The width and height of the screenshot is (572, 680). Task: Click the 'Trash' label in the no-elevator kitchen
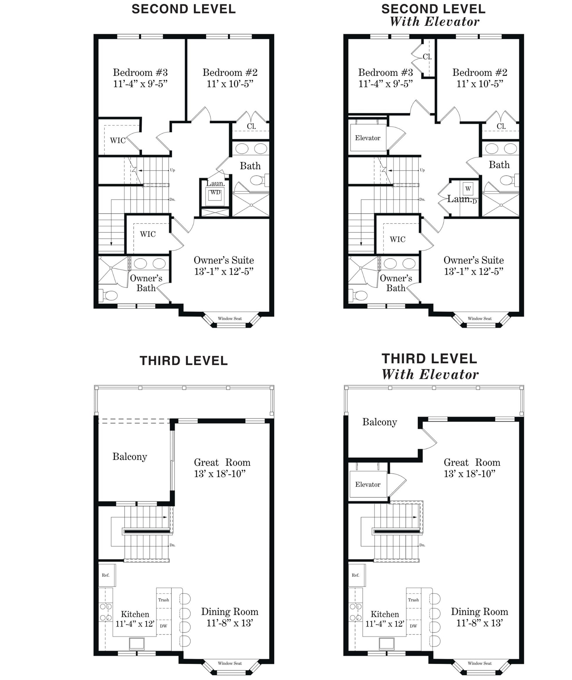(x=163, y=600)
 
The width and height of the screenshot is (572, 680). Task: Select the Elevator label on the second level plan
(x=368, y=138)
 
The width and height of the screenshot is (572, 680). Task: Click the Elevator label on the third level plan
(x=368, y=484)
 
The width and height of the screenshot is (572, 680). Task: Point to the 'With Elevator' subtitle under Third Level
(x=430, y=374)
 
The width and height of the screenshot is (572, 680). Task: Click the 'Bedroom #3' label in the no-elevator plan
(x=140, y=72)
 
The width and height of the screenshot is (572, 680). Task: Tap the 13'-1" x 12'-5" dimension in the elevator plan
(x=474, y=271)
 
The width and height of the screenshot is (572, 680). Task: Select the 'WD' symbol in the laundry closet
(x=215, y=193)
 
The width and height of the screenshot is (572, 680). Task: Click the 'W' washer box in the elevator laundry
(x=468, y=189)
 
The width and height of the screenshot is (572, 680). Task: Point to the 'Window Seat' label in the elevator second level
(x=480, y=318)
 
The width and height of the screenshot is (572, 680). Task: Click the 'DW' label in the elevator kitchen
(x=413, y=626)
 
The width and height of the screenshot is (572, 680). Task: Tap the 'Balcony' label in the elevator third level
(x=380, y=422)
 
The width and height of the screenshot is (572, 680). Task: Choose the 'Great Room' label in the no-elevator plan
(x=222, y=462)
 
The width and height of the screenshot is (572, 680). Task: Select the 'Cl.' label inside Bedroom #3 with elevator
(x=427, y=57)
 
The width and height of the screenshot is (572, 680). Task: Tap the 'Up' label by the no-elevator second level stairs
(x=173, y=170)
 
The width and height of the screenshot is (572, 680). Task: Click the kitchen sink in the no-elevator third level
(x=137, y=644)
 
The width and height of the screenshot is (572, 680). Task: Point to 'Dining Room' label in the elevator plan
(x=479, y=612)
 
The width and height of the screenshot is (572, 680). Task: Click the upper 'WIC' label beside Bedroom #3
(x=118, y=140)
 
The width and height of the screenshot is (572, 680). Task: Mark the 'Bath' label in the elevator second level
(x=499, y=165)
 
